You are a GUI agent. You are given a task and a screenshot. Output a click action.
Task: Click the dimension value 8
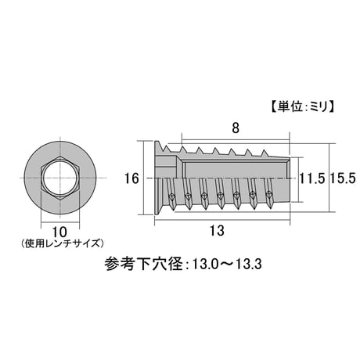pos(236,128)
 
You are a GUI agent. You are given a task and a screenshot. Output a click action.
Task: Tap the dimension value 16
pos(131,179)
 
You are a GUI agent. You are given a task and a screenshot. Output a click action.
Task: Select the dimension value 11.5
pos(312,179)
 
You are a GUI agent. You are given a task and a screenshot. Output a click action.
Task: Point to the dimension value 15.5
pos(343,179)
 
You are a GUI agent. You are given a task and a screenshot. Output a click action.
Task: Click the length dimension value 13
pos(217,231)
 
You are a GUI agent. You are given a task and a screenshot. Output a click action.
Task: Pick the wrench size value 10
pos(59,232)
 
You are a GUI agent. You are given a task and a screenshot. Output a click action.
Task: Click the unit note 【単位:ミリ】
pos(303,107)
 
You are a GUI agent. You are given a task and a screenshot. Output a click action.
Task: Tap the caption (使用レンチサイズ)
pos(62,243)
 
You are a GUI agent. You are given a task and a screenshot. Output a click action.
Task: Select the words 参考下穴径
pos(144,265)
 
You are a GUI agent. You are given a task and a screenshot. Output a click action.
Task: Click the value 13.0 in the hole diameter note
pos(201,265)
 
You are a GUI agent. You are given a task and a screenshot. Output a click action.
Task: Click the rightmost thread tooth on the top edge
pos(265,153)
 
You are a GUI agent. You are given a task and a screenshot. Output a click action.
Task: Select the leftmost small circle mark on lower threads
pos(171,196)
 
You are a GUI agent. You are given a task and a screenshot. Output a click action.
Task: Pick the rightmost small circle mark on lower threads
pos(268,194)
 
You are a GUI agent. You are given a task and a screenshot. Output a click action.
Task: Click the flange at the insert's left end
pos(157,178)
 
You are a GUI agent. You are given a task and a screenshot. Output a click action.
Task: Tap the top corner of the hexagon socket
pos(60,156)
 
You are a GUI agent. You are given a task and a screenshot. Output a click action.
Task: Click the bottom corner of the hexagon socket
pos(60,200)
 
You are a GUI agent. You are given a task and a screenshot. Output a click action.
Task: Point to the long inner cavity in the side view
pos(236,170)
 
